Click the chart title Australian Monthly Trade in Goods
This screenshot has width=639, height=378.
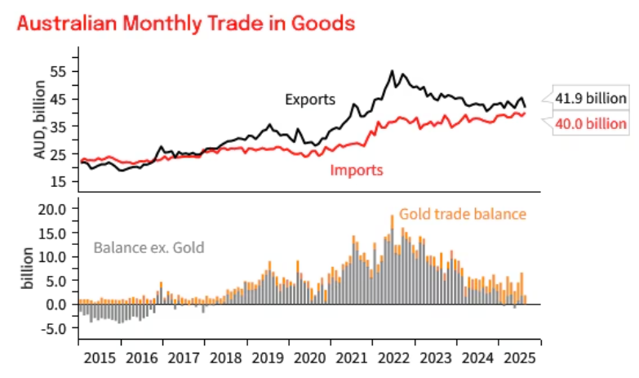point(186,24)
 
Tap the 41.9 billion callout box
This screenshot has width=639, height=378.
point(591,99)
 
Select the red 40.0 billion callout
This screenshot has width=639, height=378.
point(591,124)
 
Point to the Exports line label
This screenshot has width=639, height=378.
point(310,100)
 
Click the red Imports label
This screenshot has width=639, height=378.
point(357,171)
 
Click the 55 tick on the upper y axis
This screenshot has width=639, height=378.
point(57,71)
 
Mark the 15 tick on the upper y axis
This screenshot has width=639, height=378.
point(57,180)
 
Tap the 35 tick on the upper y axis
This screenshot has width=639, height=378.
point(57,126)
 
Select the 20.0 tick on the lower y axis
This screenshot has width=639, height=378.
point(52,209)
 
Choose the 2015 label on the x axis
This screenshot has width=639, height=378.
point(100,358)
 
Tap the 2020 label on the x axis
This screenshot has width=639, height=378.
point(310,358)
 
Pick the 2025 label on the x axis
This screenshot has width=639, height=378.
point(520,358)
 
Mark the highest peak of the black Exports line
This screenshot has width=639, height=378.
point(393,71)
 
